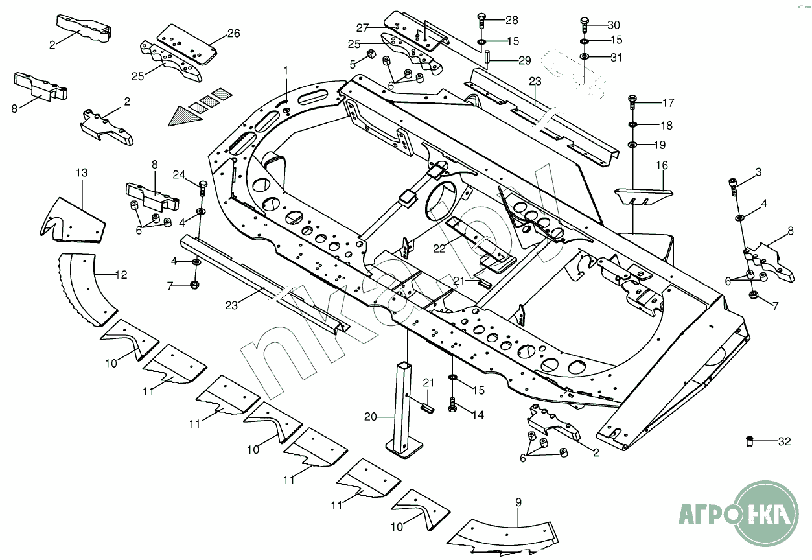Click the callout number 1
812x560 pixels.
coord(285,69)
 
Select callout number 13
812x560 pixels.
coord(81,172)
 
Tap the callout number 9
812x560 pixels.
coord(518,501)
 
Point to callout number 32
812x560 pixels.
coord(784,442)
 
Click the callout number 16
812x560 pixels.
coord(662,166)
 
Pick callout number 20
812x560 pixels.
coord(370,417)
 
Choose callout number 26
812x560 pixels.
coord(233,34)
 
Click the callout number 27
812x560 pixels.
coord(362,27)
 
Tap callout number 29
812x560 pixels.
coord(524,60)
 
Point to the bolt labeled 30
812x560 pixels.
coord(585,25)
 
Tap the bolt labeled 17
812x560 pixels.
coord(632,102)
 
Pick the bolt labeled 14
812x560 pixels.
coord(452,405)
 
